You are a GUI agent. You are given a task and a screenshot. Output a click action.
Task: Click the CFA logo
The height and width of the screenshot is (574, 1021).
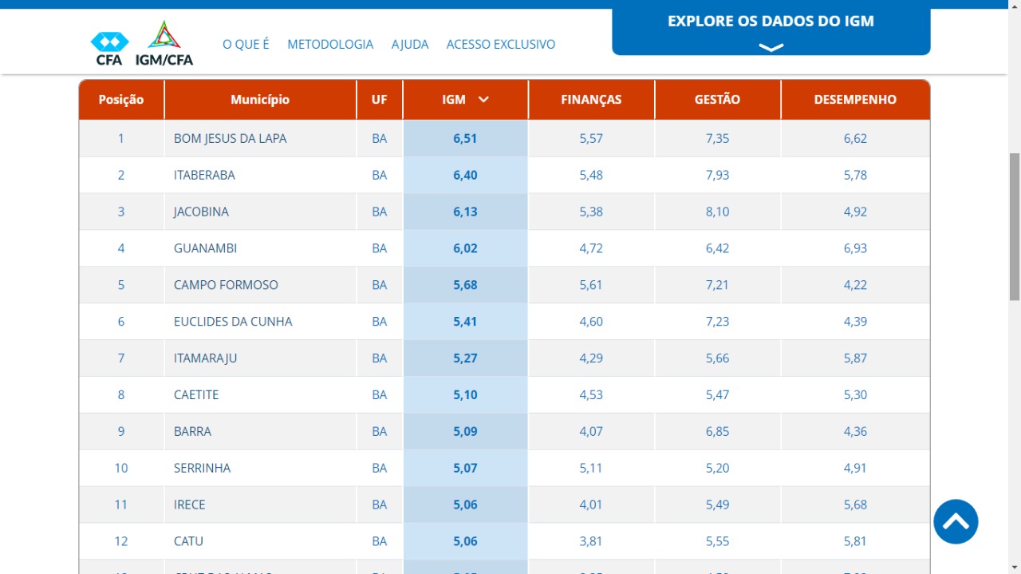pyautogui.click(x=109, y=48)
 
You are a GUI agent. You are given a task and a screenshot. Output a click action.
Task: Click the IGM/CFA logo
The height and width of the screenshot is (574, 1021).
pyautogui.click(x=164, y=44)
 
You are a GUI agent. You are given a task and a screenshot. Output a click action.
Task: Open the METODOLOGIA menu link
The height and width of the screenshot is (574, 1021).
pyautogui.click(x=330, y=45)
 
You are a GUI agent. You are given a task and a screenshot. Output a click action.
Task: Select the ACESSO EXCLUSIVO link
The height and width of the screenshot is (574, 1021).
pyautogui.click(x=501, y=45)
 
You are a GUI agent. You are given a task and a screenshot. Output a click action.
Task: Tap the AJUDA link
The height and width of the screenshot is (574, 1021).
pyautogui.click(x=410, y=45)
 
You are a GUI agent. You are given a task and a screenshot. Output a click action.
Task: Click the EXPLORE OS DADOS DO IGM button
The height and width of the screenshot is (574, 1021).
pyautogui.click(x=771, y=31)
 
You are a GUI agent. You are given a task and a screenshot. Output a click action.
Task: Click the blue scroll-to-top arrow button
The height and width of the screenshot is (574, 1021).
pyautogui.click(x=956, y=522)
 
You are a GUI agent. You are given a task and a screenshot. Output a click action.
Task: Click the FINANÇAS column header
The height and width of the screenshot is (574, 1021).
pyautogui.click(x=591, y=100)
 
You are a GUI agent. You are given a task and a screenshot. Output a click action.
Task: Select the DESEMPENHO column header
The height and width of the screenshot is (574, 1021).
pyautogui.click(x=855, y=100)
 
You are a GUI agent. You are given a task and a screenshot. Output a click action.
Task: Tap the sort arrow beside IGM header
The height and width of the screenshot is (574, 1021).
pyautogui.click(x=483, y=100)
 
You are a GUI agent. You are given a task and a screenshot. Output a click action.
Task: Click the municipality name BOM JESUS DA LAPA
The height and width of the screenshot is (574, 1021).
pyautogui.click(x=230, y=139)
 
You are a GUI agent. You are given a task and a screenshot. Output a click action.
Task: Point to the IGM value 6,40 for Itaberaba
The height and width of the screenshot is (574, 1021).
pyautogui.click(x=465, y=176)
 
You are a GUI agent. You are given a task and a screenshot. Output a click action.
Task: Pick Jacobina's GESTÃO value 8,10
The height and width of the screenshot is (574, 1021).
pyautogui.click(x=717, y=212)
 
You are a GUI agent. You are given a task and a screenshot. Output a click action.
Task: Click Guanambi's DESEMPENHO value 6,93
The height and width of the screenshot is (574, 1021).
pyautogui.click(x=855, y=249)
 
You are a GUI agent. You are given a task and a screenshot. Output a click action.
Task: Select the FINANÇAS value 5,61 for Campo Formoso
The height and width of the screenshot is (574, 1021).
pyautogui.click(x=591, y=285)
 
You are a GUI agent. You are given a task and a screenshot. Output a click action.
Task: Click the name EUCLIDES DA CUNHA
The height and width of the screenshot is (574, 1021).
pyautogui.click(x=233, y=322)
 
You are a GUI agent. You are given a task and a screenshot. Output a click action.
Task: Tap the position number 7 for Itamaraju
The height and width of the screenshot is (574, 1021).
pyautogui.click(x=121, y=358)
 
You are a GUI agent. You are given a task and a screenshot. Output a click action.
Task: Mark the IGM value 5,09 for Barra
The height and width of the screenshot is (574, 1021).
pyautogui.click(x=465, y=432)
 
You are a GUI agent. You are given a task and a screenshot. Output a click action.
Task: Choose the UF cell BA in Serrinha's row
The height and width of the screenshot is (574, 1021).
pyautogui.click(x=379, y=469)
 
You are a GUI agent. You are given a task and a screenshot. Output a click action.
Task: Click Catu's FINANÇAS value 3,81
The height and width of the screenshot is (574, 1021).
pyautogui.click(x=591, y=541)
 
